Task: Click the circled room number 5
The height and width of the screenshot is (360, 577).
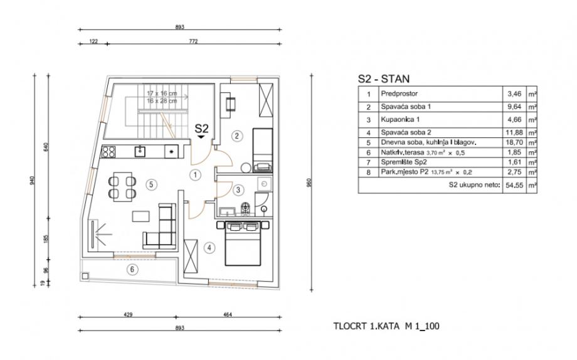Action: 150,184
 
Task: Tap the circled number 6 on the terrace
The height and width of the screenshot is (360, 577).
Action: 131,270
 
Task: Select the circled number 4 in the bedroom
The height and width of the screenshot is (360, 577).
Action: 208,246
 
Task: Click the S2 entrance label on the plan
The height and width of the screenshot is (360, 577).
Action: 201,129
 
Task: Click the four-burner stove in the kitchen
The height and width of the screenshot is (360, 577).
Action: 109,151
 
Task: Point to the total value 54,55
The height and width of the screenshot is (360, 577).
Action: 513,186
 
